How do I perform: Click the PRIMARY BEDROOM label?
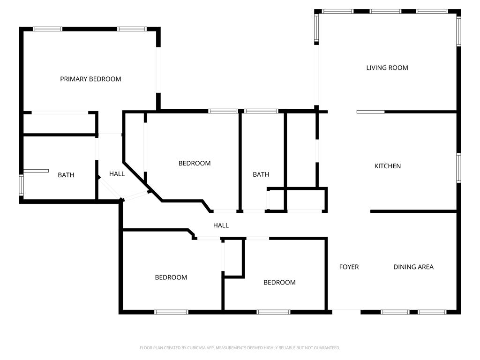90,79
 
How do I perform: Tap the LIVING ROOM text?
387,67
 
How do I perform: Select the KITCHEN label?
388,166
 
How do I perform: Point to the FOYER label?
349,267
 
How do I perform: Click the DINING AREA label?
413,267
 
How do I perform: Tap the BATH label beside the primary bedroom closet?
66,175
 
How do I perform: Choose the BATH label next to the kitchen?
261,174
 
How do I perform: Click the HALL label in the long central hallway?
221,225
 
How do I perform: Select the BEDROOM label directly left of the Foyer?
279,282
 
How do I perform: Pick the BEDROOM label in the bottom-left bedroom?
171,277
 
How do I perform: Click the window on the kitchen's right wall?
458,168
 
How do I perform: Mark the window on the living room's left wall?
316,28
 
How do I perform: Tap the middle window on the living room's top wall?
385,11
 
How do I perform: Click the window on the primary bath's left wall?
21,185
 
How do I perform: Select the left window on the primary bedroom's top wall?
47,29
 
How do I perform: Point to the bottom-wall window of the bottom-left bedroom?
171,312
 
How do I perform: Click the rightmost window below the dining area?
432,312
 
